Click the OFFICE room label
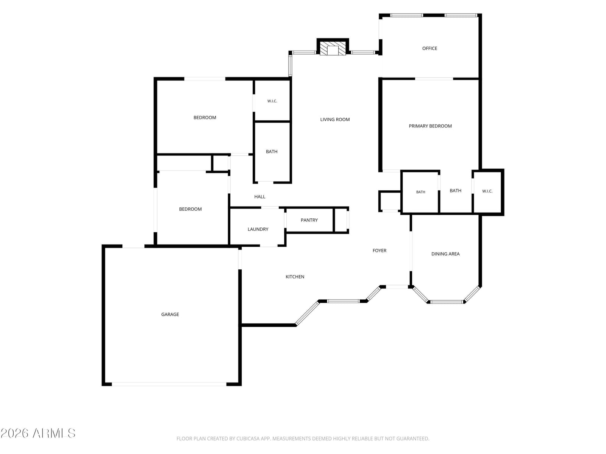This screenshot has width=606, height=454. pos(430,48)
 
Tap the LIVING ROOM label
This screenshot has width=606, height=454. pos(335,120)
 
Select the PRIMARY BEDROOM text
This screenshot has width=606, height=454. pos(430,126)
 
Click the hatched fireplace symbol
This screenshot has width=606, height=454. pos(333,48)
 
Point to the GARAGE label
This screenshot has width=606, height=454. pos(170,314)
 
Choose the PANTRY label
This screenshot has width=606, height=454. pos(309,220)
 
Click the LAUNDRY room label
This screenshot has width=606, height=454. pos(258,229)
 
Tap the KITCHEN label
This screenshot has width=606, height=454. pos(295,277)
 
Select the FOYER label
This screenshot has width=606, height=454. pos(380,250)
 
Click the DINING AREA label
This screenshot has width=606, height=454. pos(445,254)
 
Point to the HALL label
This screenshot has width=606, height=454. pos(259,197)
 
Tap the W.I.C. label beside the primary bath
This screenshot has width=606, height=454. pos(487,191)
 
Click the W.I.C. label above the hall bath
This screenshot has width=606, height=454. pos(272,101)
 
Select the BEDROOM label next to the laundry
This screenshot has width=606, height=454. pos(190,209)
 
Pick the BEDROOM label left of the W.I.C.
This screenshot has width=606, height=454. pos(205,118)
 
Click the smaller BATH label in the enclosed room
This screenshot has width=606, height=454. pos(420,192)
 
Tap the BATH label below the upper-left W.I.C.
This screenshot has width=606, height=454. pos(272,152)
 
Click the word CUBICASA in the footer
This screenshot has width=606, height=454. pos(246,438)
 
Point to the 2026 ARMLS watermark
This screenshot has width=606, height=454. pos(38,433)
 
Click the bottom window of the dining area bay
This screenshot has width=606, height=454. pos(447,302)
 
